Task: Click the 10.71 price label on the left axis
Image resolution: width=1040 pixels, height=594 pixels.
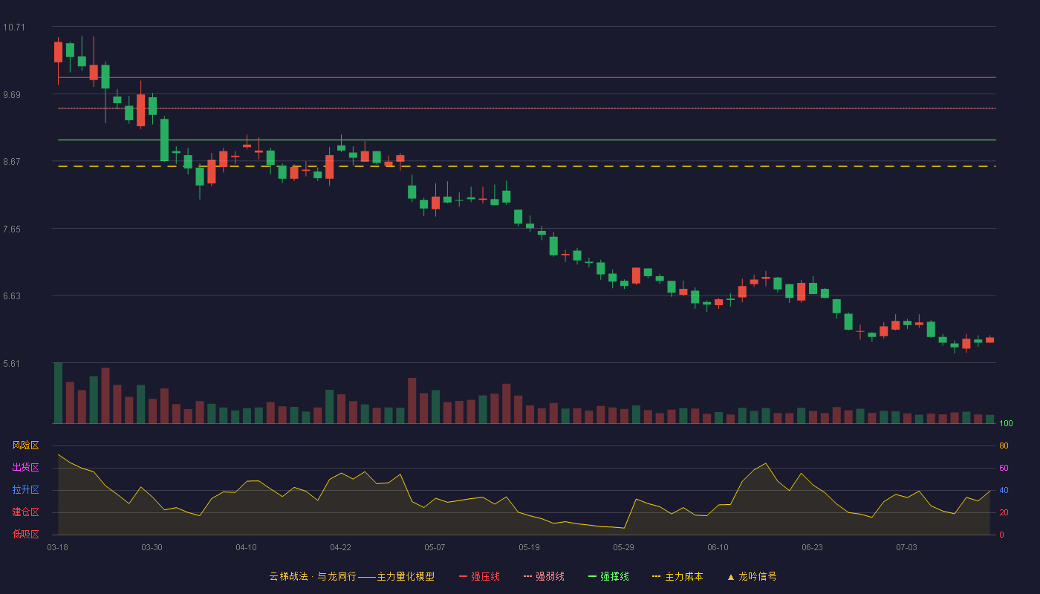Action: click(14, 27)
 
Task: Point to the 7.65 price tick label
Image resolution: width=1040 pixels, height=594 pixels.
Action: click(12, 229)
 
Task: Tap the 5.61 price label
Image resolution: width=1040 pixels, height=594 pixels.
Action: click(12, 364)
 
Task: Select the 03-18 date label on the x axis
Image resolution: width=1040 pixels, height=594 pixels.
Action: click(58, 548)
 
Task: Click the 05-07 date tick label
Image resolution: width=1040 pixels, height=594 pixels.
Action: click(435, 548)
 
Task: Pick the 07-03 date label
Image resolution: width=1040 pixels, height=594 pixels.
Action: click(906, 548)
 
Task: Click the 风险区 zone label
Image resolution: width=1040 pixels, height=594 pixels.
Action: click(25, 446)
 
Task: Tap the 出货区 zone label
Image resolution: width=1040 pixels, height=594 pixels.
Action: click(25, 467)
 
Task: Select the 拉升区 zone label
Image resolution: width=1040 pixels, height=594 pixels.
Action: click(25, 489)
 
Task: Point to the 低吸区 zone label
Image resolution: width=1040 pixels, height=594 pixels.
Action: click(25, 534)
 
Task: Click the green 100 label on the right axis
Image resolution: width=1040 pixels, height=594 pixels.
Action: click(1006, 423)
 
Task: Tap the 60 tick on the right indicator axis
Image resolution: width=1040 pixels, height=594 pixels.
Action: click(1004, 468)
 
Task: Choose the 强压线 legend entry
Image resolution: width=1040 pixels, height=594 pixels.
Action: click(479, 576)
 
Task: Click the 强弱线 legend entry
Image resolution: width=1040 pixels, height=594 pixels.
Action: click(544, 576)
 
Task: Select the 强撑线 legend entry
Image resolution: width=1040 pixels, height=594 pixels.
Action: click(608, 576)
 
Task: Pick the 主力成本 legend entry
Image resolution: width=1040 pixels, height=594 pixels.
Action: click(677, 576)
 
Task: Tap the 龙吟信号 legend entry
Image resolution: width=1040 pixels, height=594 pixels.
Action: click(752, 576)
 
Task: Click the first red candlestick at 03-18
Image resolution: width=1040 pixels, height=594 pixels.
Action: click(58, 52)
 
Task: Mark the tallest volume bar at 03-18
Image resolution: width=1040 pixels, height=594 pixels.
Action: click(58, 393)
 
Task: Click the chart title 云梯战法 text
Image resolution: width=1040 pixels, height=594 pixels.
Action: click(289, 576)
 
